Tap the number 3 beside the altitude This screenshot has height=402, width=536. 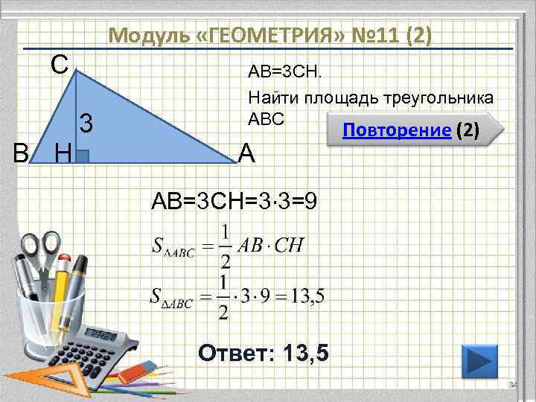click(x=86, y=122)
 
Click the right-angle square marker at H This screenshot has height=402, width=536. click(x=83, y=156)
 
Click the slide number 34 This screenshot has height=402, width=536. click(x=511, y=385)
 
